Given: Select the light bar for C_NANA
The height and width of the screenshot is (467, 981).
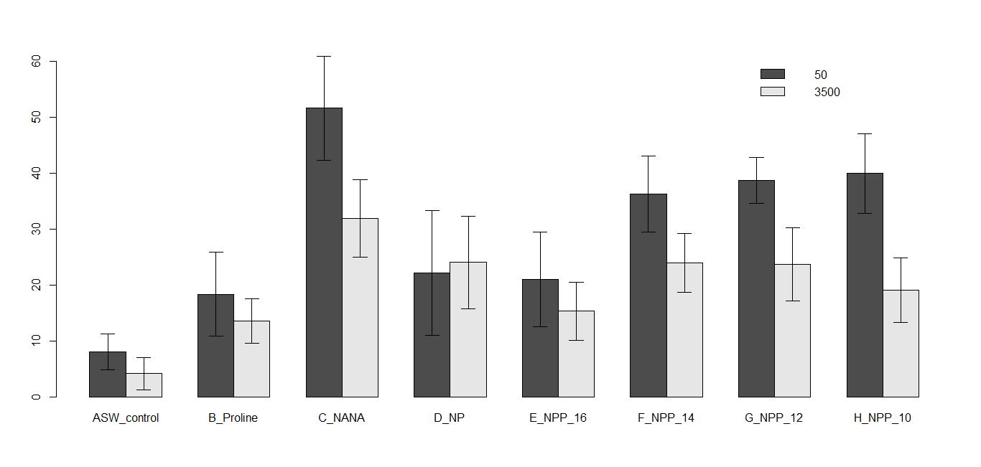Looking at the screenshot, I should pyautogui.click(x=360, y=308).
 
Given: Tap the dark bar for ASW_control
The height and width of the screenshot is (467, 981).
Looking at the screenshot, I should pyautogui.click(x=108, y=374).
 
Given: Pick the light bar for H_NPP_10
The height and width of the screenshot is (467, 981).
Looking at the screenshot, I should pyautogui.click(x=901, y=344).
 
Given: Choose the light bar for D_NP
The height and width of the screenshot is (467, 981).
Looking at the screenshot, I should pyautogui.click(x=468, y=329).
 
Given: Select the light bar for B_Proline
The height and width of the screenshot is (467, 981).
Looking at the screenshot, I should pyautogui.click(x=251, y=359).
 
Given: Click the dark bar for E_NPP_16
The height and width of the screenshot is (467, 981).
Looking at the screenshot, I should pyautogui.click(x=540, y=338).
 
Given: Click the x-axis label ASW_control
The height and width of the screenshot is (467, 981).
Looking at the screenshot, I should pyautogui.click(x=126, y=418).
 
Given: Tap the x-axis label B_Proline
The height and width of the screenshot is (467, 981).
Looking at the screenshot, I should pyautogui.click(x=233, y=418).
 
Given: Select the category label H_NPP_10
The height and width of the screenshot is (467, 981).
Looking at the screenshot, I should pyautogui.click(x=883, y=418).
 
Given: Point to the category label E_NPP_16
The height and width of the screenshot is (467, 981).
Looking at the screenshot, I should pyautogui.click(x=558, y=418).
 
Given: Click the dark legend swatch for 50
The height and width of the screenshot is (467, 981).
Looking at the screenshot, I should pyautogui.click(x=773, y=74).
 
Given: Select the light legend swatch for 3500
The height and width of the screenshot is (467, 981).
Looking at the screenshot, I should pyautogui.click(x=773, y=92).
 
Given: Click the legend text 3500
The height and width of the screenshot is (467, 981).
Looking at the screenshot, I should pyautogui.click(x=827, y=93).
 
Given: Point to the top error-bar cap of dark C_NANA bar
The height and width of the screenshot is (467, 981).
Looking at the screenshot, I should pyautogui.click(x=324, y=56).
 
